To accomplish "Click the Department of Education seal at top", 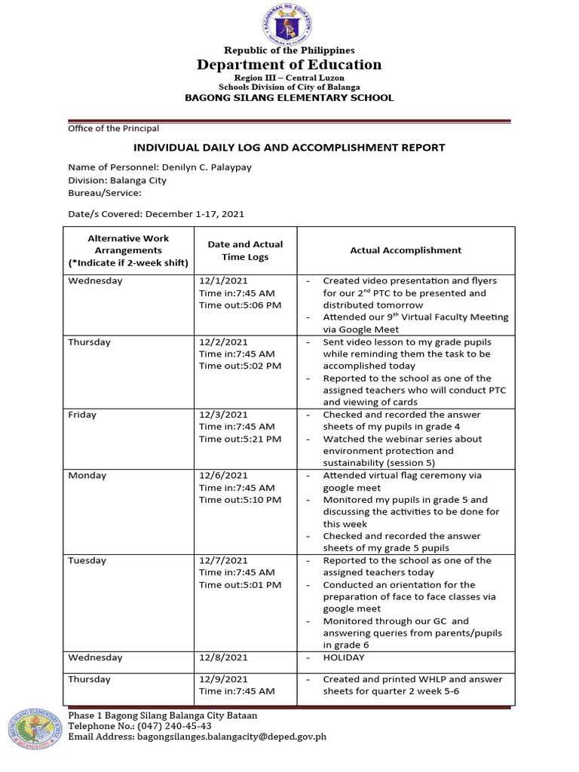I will click(289, 24).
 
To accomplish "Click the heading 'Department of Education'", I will click(289, 65).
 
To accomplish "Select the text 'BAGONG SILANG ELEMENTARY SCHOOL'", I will click(289, 98).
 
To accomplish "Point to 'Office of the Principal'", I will click(113, 129).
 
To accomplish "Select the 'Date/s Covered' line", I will click(156, 214).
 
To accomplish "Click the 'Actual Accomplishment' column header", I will click(406, 250).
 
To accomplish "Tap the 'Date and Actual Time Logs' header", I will click(245, 250).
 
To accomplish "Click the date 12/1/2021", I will click(223, 280).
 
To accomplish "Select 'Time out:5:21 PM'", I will click(240, 439).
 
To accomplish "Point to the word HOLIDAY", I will click(344, 657).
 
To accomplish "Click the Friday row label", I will click(82, 415).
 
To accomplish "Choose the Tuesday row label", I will click(87, 560).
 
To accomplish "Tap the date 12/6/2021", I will click(223, 475).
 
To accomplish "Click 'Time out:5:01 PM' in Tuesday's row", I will click(240, 584).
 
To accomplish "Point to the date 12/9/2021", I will click(223, 679).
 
